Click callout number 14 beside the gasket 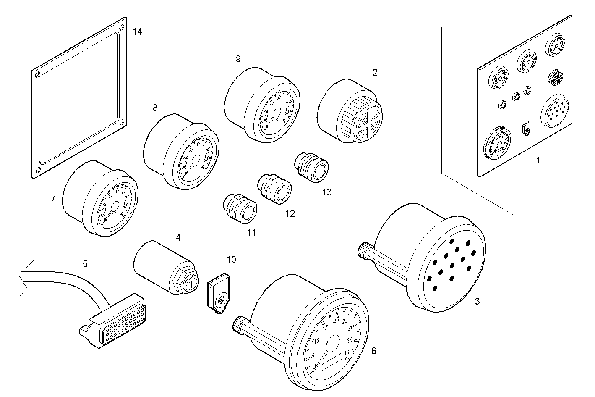pos(137,32)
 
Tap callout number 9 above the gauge pos(238,59)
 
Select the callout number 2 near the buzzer pos(375,72)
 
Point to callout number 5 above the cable pos(85,264)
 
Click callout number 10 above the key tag pos(231,259)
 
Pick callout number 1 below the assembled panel pos(538,160)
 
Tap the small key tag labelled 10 pos(219,294)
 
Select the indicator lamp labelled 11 pos(239,209)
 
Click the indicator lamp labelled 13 pos(312,167)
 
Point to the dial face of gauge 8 pos(196,160)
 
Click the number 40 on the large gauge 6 pos(346,354)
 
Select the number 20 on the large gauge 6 pos(336,320)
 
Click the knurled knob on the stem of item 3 pos(363,250)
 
